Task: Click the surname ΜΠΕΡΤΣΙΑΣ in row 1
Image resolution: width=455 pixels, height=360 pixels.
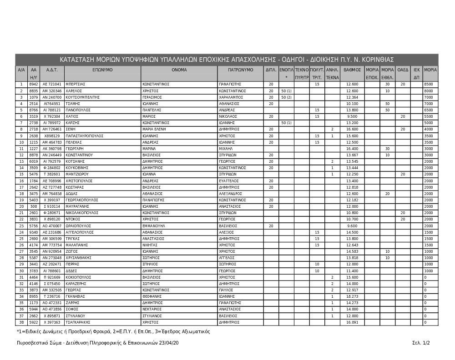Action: point(76,85)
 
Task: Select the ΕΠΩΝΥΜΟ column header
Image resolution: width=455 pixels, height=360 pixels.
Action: point(102,70)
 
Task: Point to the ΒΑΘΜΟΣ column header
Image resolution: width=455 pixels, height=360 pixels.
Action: point(352,70)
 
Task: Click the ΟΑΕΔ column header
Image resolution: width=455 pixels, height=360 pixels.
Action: point(403,70)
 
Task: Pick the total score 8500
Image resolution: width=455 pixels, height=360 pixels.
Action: point(428,85)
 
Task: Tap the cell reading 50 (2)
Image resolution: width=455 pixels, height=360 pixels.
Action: point(286,97)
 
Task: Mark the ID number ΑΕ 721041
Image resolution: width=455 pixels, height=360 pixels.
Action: point(52,85)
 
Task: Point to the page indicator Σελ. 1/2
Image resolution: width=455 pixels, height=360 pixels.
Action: point(421,343)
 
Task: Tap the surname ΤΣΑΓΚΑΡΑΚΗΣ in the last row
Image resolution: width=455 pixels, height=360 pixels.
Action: point(80,322)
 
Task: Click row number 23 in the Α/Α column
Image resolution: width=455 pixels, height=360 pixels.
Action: point(21,226)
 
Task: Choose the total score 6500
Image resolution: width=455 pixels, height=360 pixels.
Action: point(428,110)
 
